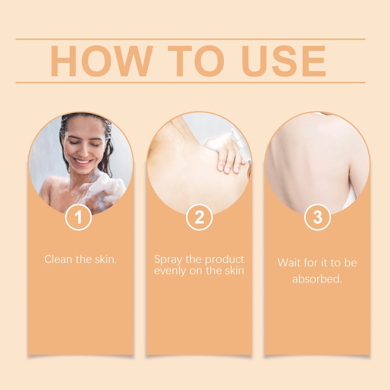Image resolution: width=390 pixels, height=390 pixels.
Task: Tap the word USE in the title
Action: point(284,61)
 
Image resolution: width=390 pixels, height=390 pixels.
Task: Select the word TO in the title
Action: point(196,61)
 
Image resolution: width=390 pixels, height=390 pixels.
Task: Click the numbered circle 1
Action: point(79,217)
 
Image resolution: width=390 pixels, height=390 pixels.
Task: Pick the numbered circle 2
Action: point(199,217)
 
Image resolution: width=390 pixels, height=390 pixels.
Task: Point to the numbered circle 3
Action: point(317,217)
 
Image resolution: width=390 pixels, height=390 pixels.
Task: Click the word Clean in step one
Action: point(58,259)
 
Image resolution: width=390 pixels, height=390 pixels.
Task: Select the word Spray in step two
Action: point(168,260)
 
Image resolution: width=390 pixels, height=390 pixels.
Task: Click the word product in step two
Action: point(225,259)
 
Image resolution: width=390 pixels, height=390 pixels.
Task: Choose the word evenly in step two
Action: point(170,271)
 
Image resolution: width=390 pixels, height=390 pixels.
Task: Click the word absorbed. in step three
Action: point(317,279)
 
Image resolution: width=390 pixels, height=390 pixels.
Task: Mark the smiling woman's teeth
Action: point(82,162)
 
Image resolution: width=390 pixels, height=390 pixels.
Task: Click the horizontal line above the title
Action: point(190,39)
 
